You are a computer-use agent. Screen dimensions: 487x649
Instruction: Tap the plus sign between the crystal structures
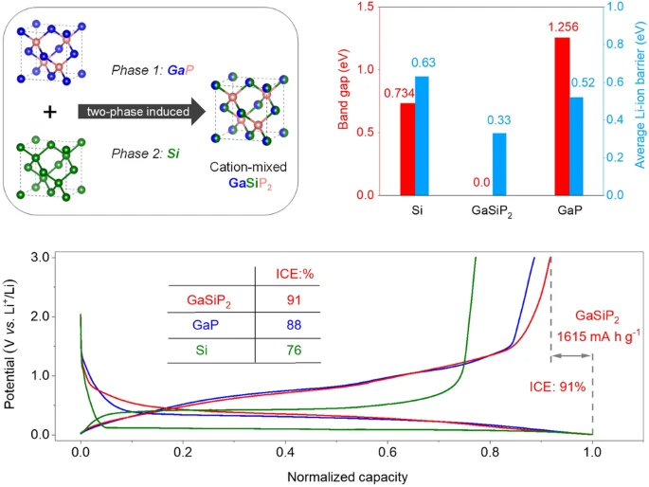pos(50,112)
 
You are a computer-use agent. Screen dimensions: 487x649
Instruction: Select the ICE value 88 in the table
pos(288,324)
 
